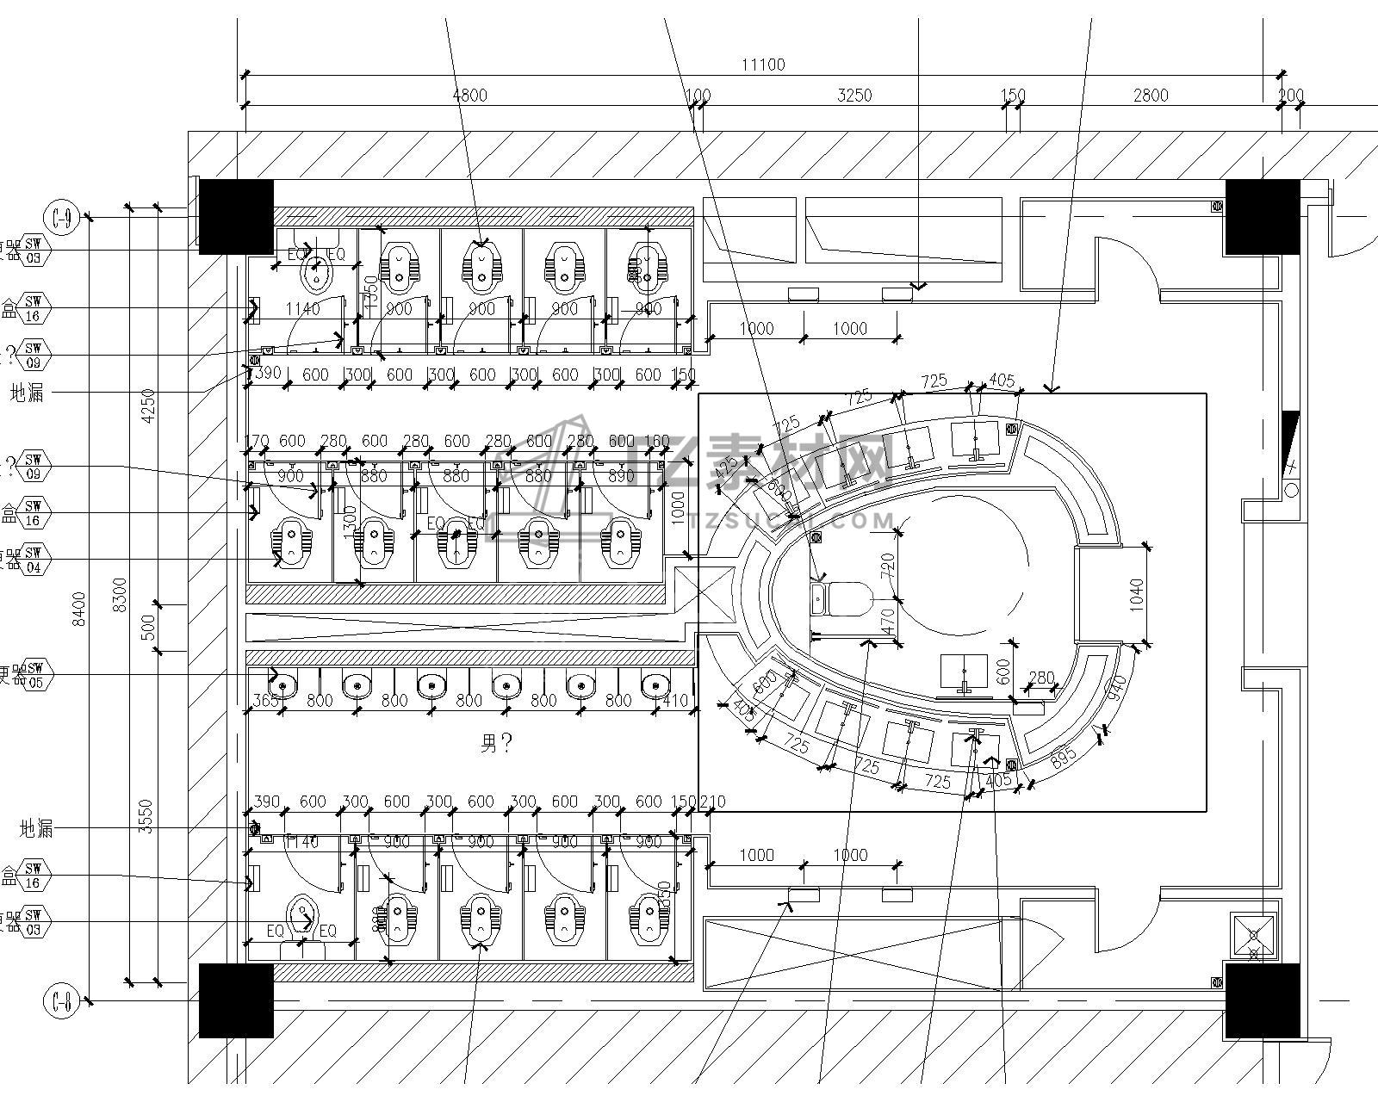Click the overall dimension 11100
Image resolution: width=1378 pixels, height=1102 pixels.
pyautogui.click(x=763, y=65)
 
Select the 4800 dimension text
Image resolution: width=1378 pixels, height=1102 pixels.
pyautogui.click(x=469, y=95)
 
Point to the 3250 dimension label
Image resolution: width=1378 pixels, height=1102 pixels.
pyautogui.click(x=854, y=95)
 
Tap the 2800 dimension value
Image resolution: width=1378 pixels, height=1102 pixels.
pyautogui.click(x=1151, y=95)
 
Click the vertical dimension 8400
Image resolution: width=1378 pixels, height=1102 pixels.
pyautogui.click(x=79, y=609)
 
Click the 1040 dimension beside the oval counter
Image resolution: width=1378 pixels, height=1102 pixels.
pyautogui.click(x=1137, y=595)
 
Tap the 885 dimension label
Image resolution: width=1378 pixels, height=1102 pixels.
pyautogui.click(x=1064, y=758)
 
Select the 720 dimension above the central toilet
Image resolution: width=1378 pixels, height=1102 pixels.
pyautogui.click(x=888, y=565)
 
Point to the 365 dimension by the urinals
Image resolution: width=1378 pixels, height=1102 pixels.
pyautogui.click(x=266, y=701)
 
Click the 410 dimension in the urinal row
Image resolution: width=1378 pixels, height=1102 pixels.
pyautogui.click(x=675, y=701)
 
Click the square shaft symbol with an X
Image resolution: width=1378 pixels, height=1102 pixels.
pyautogui.click(x=1253, y=937)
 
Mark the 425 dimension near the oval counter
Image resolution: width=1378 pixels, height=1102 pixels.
pyautogui.click(x=728, y=468)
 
